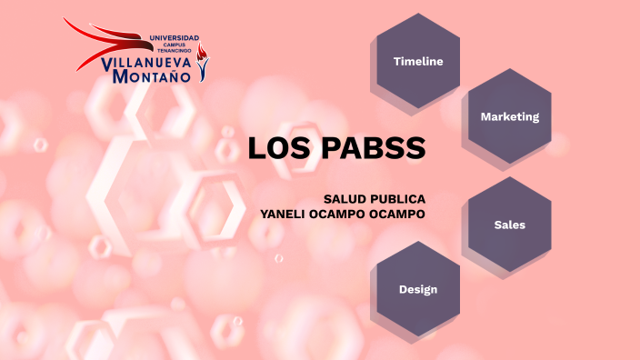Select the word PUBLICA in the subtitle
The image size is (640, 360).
(x=399, y=199)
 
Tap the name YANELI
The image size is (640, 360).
(x=285, y=214)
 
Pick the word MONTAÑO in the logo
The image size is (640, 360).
(x=152, y=77)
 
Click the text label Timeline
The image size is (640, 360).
(x=418, y=62)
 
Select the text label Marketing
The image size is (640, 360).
(x=510, y=116)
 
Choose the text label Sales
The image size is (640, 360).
(x=510, y=224)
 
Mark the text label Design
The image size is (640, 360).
(x=418, y=289)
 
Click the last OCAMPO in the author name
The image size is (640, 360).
(x=396, y=214)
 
